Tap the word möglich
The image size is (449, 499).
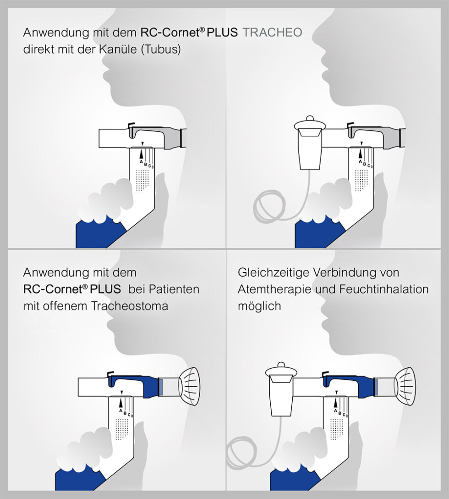259,306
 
